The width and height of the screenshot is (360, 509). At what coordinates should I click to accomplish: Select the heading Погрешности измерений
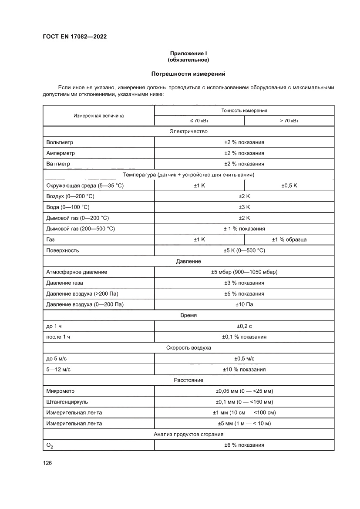coord(188,74)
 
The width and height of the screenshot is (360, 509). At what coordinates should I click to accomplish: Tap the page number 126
coord(47,463)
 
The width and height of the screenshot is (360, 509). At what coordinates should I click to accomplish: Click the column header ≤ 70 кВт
coord(199,121)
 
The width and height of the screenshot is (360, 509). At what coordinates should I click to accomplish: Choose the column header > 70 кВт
coord(289,121)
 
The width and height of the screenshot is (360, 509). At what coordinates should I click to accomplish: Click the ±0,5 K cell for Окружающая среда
coord(289,185)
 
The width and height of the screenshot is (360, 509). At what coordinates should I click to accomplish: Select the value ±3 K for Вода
coord(244,207)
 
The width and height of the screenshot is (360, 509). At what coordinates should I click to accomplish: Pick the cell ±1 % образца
coord(289,239)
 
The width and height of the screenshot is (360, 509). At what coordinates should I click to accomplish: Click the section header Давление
coord(188,261)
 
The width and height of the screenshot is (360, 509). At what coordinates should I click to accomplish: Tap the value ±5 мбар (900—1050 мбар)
coord(244,272)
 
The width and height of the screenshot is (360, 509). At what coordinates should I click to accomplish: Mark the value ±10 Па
coord(244,304)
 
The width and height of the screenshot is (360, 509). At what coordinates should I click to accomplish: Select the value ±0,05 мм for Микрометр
coord(244,391)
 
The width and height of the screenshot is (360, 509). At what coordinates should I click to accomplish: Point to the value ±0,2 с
coord(244,326)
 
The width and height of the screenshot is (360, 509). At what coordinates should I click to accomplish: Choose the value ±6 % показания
coord(244,445)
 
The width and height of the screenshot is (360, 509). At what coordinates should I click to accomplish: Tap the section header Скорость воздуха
coord(188,347)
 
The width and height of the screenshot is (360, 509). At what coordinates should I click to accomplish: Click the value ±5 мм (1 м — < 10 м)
coord(244,423)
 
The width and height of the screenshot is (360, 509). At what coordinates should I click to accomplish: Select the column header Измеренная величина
coord(98,116)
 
